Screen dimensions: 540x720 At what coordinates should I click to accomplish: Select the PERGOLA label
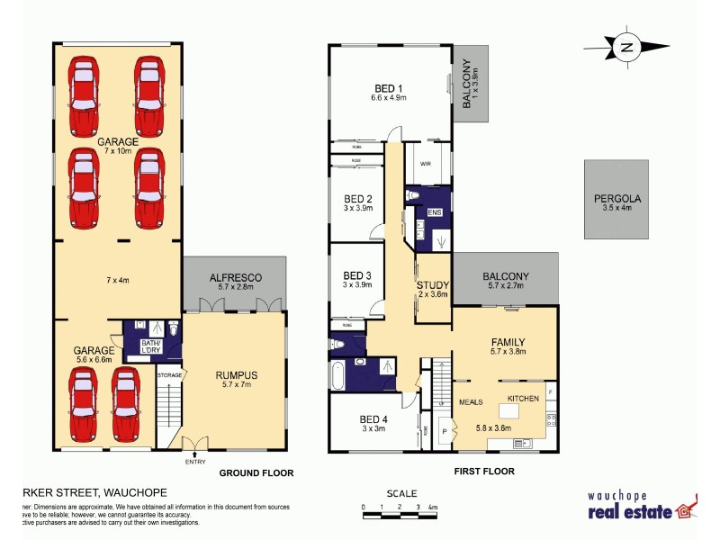click(x=615, y=200)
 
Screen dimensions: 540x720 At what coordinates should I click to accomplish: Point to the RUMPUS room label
click(x=236, y=375)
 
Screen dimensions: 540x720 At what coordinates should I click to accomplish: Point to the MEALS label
click(x=472, y=402)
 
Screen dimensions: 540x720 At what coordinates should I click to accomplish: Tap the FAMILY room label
click(x=508, y=342)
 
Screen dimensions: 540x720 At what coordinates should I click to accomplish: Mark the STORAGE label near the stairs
click(x=169, y=374)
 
